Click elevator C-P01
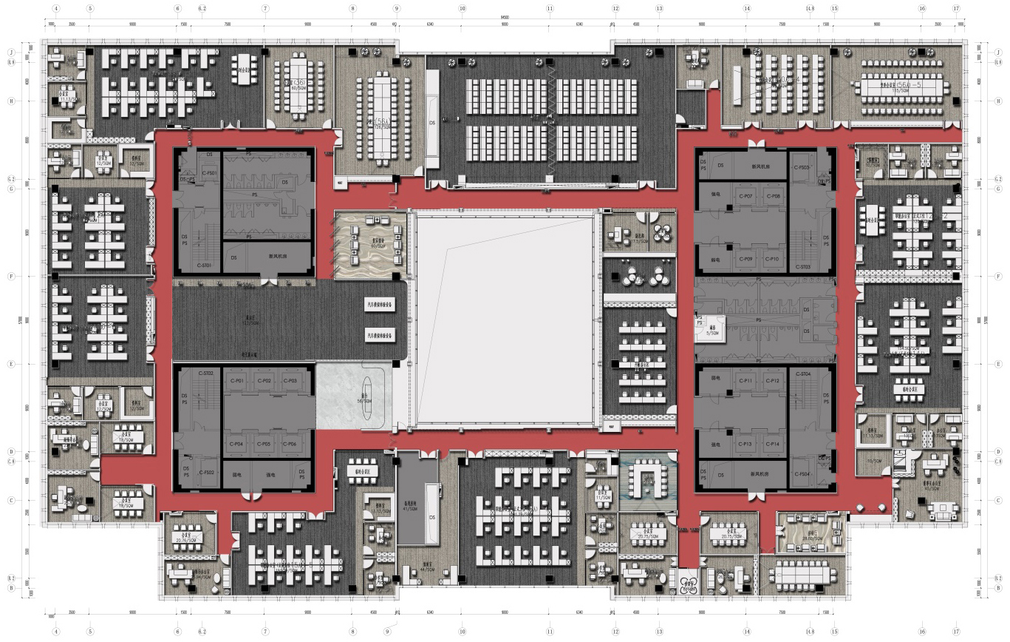[237, 381]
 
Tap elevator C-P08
[773, 196]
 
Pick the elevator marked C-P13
[745, 444]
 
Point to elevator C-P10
[773, 259]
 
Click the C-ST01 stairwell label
[205, 265]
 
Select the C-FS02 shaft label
[206, 472]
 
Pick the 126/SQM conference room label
[382, 126]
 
